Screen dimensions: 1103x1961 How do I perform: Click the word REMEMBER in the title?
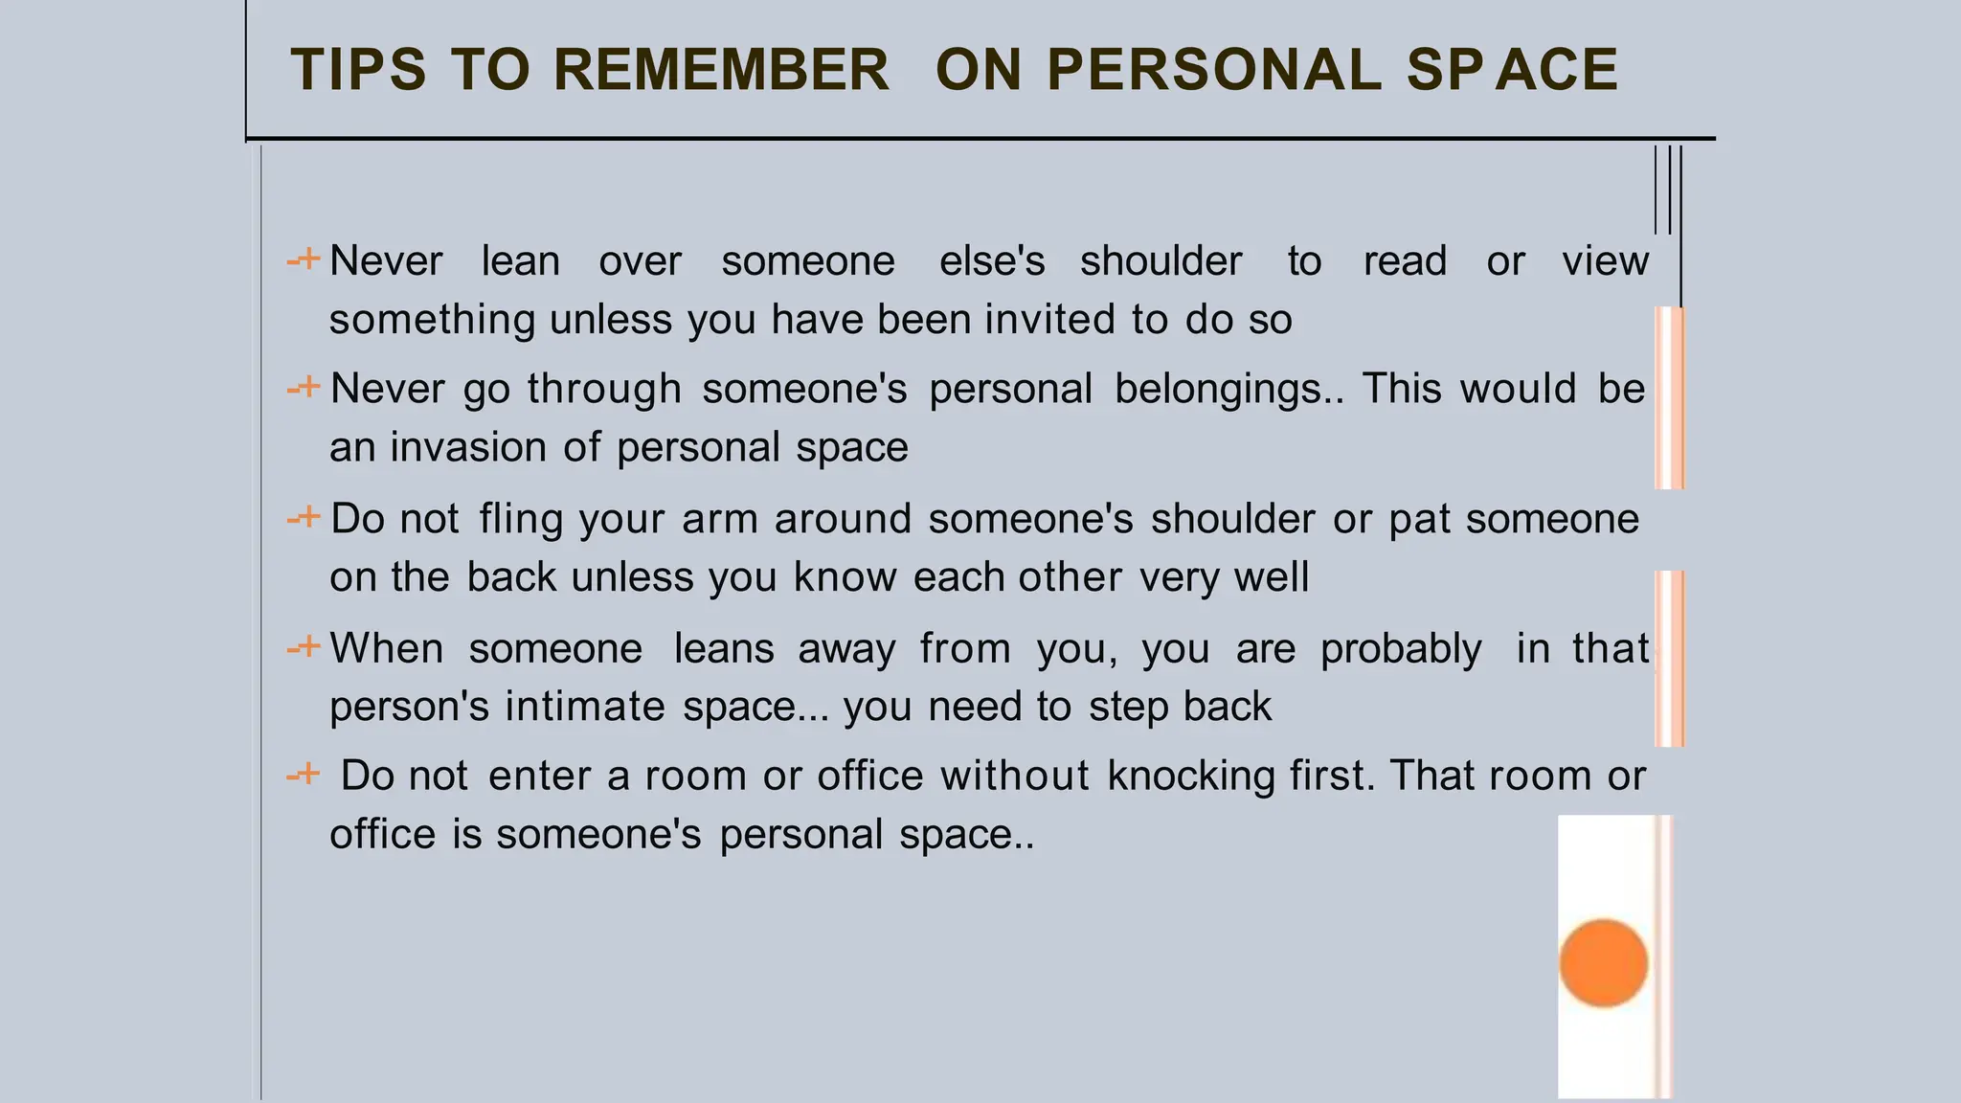(721, 70)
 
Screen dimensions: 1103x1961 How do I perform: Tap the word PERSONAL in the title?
(1214, 70)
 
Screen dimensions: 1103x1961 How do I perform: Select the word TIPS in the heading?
(358, 70)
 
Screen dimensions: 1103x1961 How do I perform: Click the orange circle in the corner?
(1603, 963)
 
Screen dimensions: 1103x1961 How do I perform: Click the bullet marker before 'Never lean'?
(304, 259)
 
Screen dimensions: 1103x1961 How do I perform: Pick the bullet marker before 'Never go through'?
(304, 388)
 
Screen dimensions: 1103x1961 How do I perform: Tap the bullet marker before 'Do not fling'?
(304, 518)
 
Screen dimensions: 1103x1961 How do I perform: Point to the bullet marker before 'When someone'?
(304, 647)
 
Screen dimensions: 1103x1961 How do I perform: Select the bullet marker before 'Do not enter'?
(304, 774)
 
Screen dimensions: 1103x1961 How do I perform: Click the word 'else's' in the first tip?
(991, 261)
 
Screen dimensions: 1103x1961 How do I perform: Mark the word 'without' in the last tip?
(1014, 776)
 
